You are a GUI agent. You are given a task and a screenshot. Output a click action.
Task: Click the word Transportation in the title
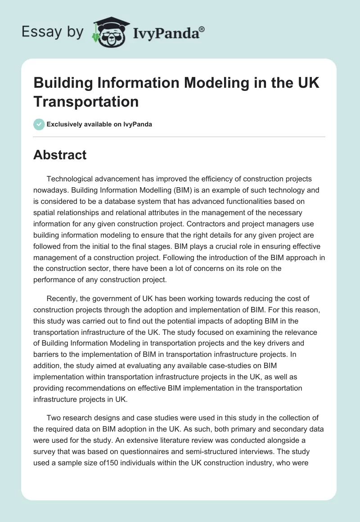click(x=86, y=102)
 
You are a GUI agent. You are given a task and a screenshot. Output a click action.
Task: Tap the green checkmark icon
click(x=39, y=124)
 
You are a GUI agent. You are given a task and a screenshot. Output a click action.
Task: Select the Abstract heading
click(x=60, y=155)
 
